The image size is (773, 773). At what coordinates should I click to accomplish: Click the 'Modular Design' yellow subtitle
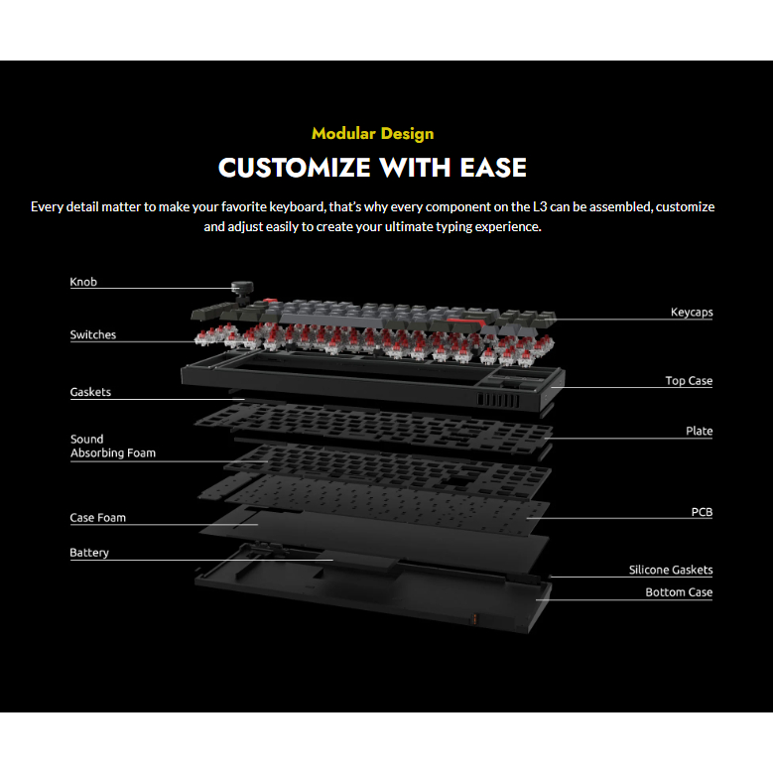pos(372,133)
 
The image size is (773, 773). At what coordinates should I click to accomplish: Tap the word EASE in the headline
pos(493,167)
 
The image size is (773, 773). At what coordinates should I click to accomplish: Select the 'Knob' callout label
pos(83,282)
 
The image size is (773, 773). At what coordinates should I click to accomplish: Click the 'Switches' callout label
pos(92,334)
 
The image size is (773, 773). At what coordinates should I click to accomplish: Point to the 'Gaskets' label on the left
pos(90,392)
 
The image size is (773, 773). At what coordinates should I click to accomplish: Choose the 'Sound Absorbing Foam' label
pos(112,446)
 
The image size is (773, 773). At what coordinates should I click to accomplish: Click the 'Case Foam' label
pos(97,517)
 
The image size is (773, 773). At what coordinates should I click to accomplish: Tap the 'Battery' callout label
pos(89,553)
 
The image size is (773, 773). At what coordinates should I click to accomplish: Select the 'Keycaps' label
pos(692,313)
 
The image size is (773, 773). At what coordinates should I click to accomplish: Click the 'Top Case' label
pos(689,381)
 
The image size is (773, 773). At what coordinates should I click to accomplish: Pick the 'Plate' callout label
pos(699,432)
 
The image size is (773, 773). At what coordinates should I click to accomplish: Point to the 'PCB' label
pos(702,513)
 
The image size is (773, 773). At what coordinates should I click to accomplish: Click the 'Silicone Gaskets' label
pos(671,571)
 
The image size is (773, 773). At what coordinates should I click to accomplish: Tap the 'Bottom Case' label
pos(679,592)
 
